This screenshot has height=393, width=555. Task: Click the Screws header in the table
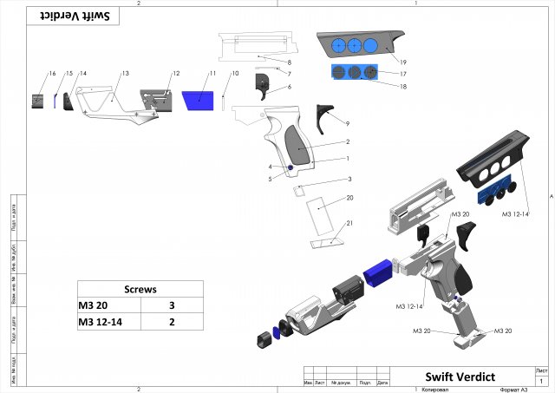click(x=140, y=290)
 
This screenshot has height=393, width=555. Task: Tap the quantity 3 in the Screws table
click(x=172, y=306)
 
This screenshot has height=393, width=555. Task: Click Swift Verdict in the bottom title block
click(x=460, y=377)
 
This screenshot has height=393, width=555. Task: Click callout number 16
click(x=52, y=74)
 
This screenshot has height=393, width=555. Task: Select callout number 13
click(x=125, y=74)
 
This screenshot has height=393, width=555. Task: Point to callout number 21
click(x=350, y=224)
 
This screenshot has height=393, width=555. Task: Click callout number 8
click(x=289, y=63)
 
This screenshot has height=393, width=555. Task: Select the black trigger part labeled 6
click(x=263, y=83)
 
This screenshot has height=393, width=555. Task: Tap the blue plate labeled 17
click(x=354, y=72)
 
